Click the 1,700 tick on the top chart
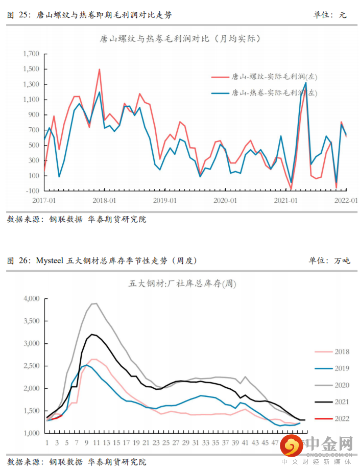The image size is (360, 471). point(31,54)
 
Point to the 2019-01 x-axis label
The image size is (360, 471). point(164,200)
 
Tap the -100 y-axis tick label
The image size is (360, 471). point(32,191)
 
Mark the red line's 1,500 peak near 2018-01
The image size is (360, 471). point(99,69)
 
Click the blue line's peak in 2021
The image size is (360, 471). point(305,83)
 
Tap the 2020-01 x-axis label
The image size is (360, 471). point(225,200)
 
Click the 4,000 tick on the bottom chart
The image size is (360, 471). point(32,298)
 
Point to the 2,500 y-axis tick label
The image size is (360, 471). point(32,366)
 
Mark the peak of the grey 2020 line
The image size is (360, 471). point(94,303)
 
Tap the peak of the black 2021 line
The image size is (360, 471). point(92,334)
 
